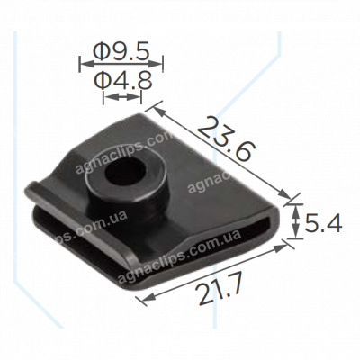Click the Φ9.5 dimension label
(122, 50)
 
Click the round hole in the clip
(119, 171)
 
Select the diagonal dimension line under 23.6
(225, 153)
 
